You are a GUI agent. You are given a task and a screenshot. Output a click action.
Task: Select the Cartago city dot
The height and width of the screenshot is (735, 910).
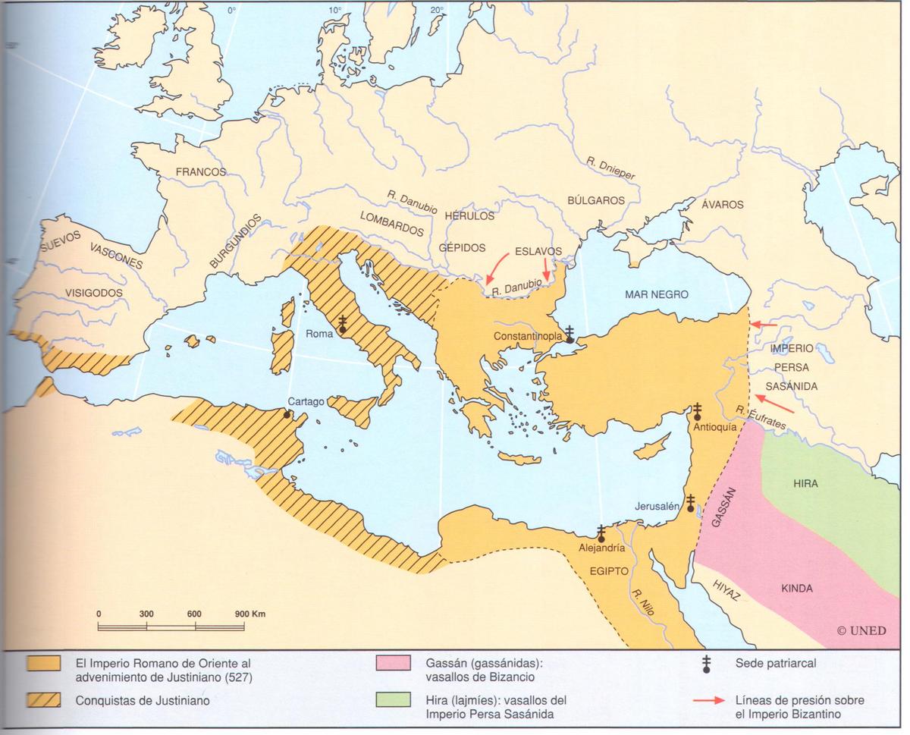pos(287,414)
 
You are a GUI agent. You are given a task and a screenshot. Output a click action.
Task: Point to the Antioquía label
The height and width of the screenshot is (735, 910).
pos(714,427)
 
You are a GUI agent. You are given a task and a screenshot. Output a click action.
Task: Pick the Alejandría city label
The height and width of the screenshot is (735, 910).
pos(601,547)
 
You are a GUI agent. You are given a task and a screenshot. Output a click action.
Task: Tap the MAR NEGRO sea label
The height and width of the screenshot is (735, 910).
pos(657,294)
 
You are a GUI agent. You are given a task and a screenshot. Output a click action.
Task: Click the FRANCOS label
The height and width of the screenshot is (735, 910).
pos(201,172)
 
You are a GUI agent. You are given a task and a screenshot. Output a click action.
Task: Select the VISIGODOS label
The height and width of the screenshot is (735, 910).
pos(94,292)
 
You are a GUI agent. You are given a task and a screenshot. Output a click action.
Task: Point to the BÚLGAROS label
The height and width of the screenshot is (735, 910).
pos(596,200)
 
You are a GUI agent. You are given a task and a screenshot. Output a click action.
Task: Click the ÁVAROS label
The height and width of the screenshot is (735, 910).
pos(722,204)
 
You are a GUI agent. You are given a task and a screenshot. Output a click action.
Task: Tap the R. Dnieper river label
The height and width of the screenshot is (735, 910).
pos(610,168)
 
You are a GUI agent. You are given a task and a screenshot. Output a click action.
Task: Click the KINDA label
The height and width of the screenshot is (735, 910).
pos(796,588)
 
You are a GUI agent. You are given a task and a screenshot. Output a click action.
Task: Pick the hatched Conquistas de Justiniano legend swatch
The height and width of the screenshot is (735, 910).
pos(43,700)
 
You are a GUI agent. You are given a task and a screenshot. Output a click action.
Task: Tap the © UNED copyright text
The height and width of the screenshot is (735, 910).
pos(861,630)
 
